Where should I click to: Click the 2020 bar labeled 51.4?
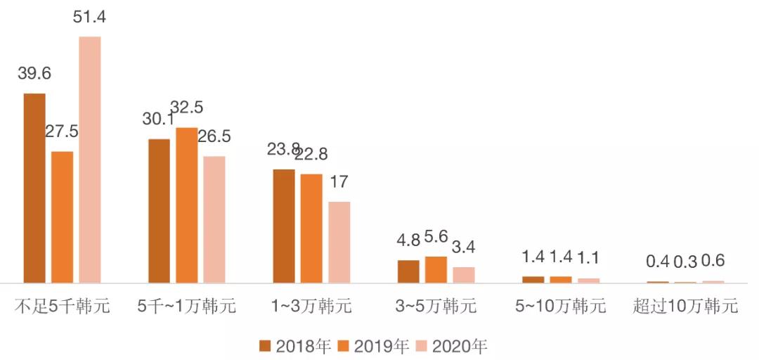90,160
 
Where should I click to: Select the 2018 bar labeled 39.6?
34,188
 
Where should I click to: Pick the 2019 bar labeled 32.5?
186,205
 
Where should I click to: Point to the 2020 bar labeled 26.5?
214,219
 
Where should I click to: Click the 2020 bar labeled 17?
339,242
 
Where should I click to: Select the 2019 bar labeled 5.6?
436,269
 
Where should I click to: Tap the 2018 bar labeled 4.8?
408,271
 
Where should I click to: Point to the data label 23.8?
283,150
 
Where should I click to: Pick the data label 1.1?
589,258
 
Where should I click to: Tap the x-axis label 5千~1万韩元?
187,307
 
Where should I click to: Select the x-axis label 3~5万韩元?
436,307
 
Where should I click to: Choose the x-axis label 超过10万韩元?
685,307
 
